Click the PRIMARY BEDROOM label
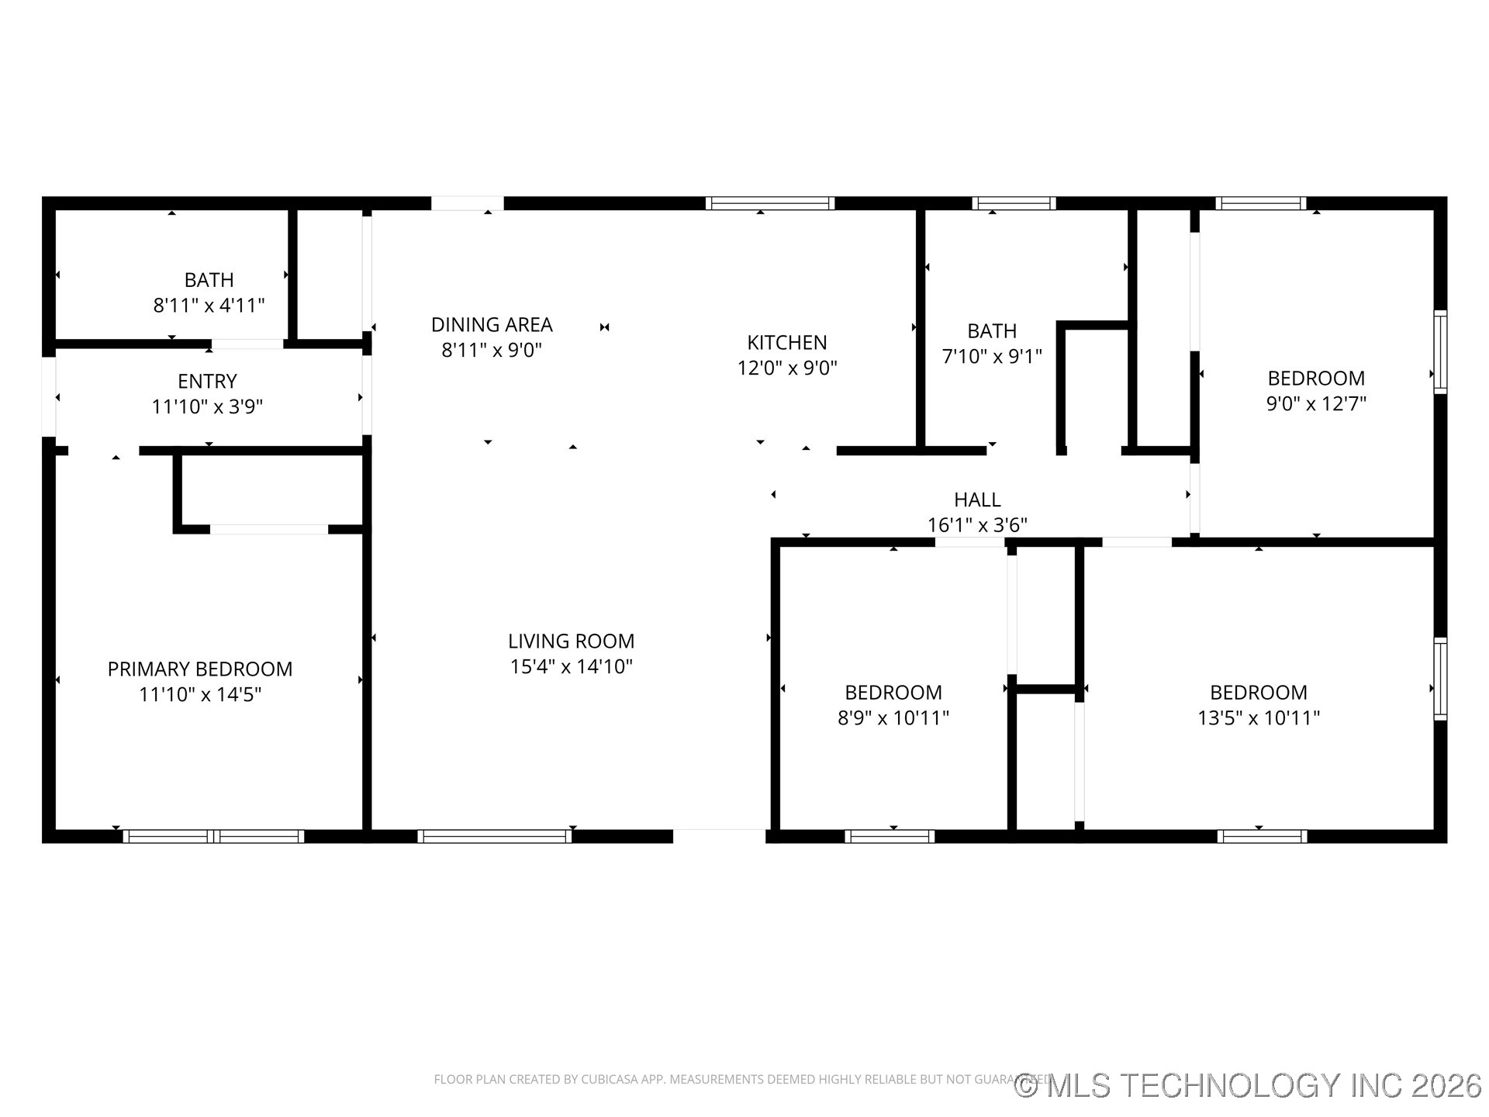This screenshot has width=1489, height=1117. click(200, 669)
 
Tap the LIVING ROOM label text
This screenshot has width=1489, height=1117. click(571, 641)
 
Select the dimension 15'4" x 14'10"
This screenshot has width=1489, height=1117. click(571, 666)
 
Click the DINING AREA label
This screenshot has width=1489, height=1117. click(492, 324)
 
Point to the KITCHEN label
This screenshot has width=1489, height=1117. click(786, 342)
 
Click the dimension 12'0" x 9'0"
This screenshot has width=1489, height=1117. click(786, 368)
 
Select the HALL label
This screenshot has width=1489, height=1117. click(977, 500)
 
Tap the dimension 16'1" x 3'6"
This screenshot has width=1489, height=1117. click(977, 525)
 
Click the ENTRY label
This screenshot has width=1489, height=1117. click(207, 381)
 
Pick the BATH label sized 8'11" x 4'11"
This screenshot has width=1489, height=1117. click(209, 279)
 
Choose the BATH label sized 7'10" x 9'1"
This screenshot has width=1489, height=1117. click(992, 331)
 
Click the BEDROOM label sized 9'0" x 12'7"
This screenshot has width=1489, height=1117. click(1316, 378)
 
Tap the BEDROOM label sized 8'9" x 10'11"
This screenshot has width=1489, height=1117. click(893, 692)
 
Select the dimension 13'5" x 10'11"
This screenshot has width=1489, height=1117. click(1258, 718)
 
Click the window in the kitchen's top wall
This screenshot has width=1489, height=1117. click(770, 203)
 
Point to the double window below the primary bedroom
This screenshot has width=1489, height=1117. click(213, 836)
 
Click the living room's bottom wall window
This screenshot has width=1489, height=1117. click(494, 836)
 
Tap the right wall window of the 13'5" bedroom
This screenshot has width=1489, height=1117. click(1440, 679)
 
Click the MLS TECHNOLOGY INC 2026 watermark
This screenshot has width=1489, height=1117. click(1249, 1085)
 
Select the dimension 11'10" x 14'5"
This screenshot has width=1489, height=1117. click(200, 694)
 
